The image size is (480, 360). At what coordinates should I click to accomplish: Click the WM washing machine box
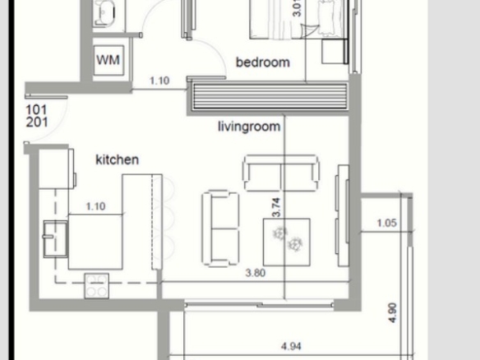pyautogui.click(x=108, y=60)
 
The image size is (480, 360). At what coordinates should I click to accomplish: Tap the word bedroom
pyautogui.click(x=263, y=62)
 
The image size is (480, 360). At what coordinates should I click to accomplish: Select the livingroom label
pyautogui.click(x=249, y=127)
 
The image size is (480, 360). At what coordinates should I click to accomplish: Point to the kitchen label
pyautogui.click(x=118, y=159)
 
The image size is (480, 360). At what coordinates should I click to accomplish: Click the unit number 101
pyautogui.click(x=37, y=109)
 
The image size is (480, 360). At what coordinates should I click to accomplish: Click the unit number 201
pyautogui.click(x=37, y=122)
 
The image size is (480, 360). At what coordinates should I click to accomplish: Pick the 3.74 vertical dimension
pyautogui.click(x=276, y=207)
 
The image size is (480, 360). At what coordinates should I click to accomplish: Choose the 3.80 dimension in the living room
pyautogui.click(x=256, y=273)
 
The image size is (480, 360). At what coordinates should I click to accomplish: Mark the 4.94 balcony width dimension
pyautogui.click(x=291, y=346)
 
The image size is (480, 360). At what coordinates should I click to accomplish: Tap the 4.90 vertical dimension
pyautogui.click(x=392, y=313)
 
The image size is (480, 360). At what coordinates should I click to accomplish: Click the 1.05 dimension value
pyautogui.click(x=387, y=223)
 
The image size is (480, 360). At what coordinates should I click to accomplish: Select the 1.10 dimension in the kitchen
pyautogui.click(x=96, y=206)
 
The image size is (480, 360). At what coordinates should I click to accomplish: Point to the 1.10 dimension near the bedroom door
pyautogui.click(x=159, y=81)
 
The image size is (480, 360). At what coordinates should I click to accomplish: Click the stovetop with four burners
pyautogui.click(x=97, y=286)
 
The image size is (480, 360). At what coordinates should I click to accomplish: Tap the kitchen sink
pyautogui.click(x=55, y=239)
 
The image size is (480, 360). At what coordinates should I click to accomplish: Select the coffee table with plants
pyautogui.click(x=287, y=242)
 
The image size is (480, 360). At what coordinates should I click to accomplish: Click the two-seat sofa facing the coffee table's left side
pyautogui.click(x=220, y=228)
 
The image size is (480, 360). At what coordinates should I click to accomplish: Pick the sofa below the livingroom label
pyautogui.click(x=281, y=173)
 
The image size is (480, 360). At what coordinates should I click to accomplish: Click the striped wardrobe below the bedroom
pyautogui.click(x=270, y=97)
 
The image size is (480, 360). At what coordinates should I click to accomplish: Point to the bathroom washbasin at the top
pyautogui.click(x=104, y=13)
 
